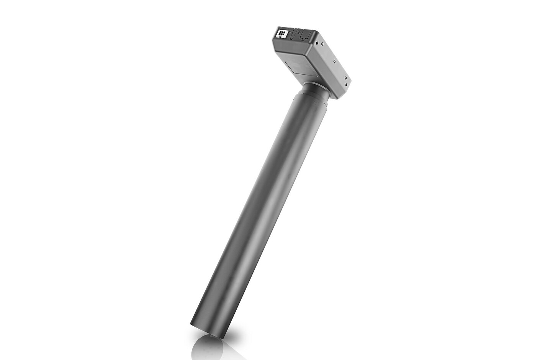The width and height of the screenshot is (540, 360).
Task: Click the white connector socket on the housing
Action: click(x=281, y=34)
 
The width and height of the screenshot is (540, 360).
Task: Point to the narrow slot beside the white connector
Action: click(x=295, y=35)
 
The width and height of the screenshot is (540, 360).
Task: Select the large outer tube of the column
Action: click(x=260, y=211)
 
